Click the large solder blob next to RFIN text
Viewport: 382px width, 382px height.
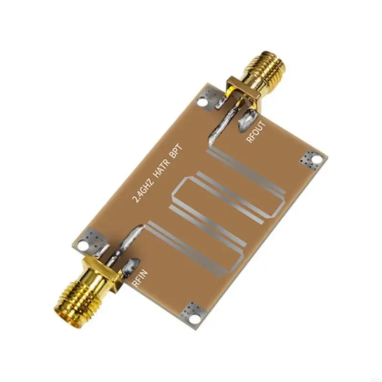pyautogui.click(x=130, y=267)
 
